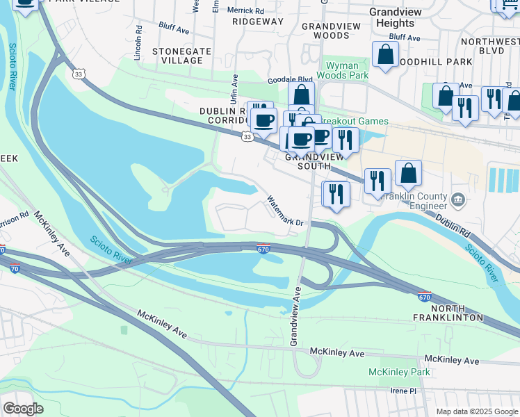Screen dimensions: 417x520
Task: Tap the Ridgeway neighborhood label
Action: click(258, 22)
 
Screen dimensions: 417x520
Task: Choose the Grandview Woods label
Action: click(321, 30)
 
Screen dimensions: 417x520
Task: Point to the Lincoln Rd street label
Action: click(139, 42)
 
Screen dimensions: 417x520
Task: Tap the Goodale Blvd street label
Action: click(295, 79)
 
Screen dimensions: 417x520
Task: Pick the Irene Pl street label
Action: click(403, 391)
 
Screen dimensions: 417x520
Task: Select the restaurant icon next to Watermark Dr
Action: click(336, 194)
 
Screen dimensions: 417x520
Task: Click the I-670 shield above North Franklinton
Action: click(424, 297)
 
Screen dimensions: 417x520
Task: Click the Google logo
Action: click(23, 409)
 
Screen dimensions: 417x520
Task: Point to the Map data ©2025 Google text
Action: click(476, 411)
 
